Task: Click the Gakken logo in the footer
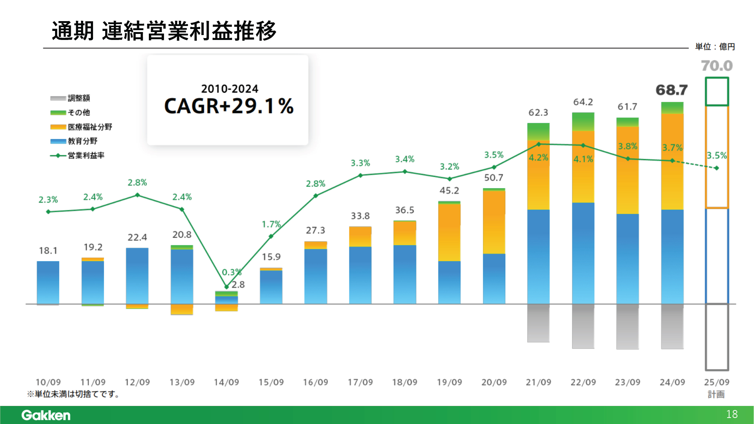coord(46,415)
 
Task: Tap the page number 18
coord(732,414)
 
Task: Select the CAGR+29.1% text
coord(229,106)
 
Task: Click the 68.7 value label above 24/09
coord(671,90)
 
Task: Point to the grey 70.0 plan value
coord(717,66)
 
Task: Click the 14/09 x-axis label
coord(226,382)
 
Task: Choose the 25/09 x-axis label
coord(717,382)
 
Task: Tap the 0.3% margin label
coord(231,272)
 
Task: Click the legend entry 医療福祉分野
coord(90,127)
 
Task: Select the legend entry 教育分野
coord(83,141)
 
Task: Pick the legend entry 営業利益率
coord(86,155)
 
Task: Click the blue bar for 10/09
coord(48,282)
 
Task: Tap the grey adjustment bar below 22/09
coord(583,326)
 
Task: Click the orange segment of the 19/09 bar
coord(449,232)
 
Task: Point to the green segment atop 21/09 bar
coord(538,132)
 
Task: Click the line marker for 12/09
coord(138,195)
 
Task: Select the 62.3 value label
coord(538,112)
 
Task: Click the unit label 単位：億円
coord(715,47)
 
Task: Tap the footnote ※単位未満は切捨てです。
coord(73,394)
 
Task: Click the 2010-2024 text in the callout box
coord(229,89)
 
